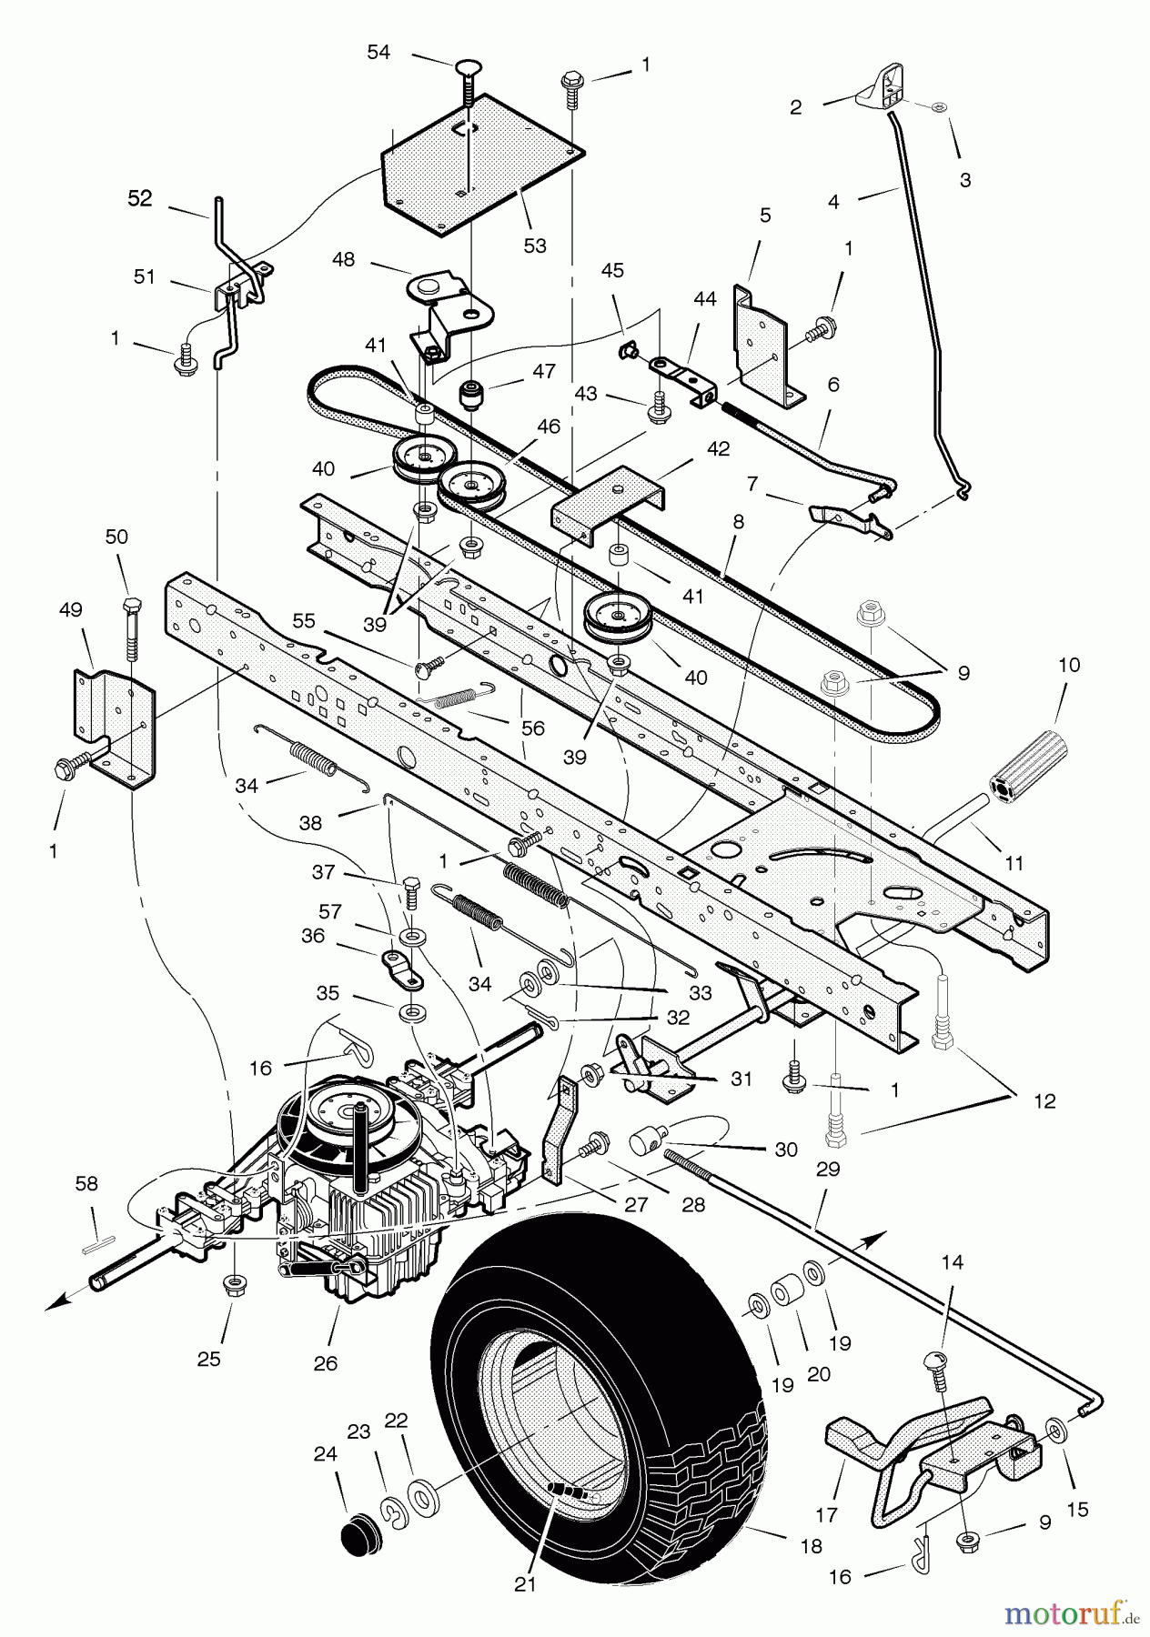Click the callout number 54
378,53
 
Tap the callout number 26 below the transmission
325,1363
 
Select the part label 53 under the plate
535,246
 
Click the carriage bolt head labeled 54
467,65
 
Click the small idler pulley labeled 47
470,396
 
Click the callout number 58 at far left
86,1183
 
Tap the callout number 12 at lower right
1044,1101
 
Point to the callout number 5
765,215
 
